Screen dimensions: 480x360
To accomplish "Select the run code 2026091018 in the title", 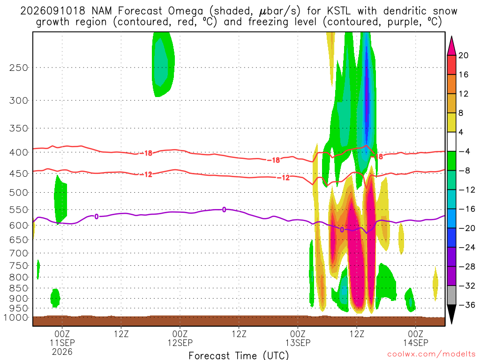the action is coord(52,11).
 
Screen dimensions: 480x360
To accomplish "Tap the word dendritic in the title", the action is coord(405,11).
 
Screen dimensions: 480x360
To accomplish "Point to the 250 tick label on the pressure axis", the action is coord(19,67).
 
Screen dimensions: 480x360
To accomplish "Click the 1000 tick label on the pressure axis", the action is coord(16,318).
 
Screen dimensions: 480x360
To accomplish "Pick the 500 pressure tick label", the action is coord(19,193).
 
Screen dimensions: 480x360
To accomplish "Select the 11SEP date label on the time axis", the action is coord(62,343).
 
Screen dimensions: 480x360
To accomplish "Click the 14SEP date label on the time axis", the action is coord(416,343).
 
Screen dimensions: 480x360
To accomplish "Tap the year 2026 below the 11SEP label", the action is coord(62,352).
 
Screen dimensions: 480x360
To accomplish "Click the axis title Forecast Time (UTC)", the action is coord(239,355).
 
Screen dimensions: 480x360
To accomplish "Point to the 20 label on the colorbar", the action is coord(464,55).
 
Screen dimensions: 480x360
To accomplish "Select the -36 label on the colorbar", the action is coord(467,305).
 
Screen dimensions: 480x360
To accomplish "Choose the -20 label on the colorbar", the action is coord(467,228).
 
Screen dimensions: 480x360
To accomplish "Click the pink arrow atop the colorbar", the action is coord(451,46).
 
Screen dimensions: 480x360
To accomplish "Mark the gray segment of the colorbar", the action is coord(451,295).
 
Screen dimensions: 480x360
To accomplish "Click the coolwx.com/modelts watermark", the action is coord(431,354).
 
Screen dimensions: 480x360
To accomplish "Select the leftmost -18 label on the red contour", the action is coord(146,153).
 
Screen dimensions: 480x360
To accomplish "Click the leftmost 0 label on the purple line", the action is coord(97,217).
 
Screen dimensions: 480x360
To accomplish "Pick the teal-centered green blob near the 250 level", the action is coord(163,64).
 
